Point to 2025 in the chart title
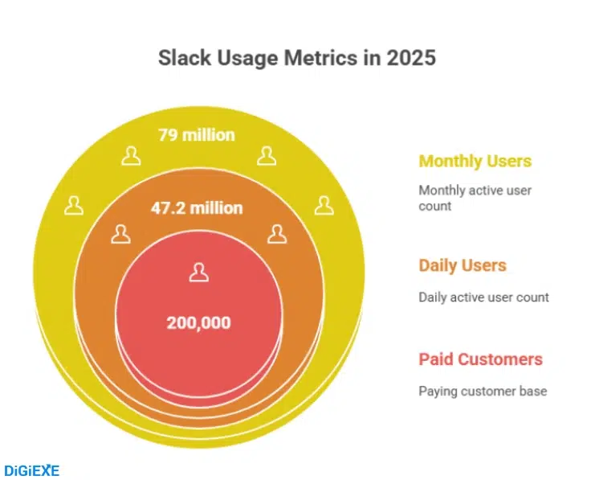(410, 59)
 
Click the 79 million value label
(197, 134)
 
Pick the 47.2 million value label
(197, 208)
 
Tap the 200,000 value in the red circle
(198, 323)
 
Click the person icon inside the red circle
(198, 273)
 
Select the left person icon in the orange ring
(120, 234)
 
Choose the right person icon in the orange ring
(277, 234)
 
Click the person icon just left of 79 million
(130, 155)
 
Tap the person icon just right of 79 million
(267, 155)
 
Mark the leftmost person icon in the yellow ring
(74, 206)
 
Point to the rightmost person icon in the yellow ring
(324, 206)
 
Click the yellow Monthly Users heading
(475, 162)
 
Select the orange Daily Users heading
(462, 266)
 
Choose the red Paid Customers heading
(480, 359)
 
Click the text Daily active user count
(483, 297)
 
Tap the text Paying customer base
(482, 392)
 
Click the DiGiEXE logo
(32, 470)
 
